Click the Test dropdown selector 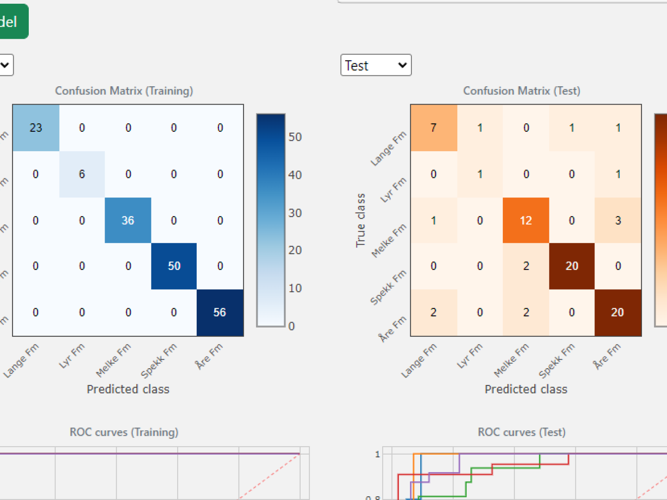(376, 65)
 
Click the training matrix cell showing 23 (36, 128)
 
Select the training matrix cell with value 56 (220, 312)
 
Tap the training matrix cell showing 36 (128, 220)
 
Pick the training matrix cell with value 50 (174, 266)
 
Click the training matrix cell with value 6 (82, 174)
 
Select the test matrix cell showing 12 (526, 220)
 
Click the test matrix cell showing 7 (434, 128)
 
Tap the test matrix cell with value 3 (618, 220)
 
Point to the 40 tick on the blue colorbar (295, 175)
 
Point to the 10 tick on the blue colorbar (295, 288)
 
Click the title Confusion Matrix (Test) (522, 91)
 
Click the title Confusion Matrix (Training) (124, 91)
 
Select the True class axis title (361, 220)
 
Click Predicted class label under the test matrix (526, 389)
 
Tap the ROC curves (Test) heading (522, 432)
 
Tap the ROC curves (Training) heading (124, 432)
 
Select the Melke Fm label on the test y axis (389, 241)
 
